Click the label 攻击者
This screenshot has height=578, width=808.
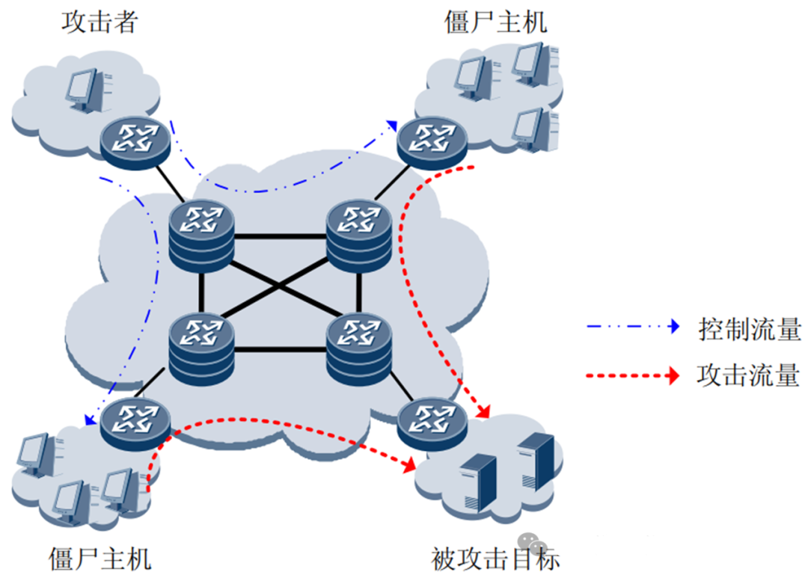(x=100, y=22)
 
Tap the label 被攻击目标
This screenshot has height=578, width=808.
(x=495, y=558)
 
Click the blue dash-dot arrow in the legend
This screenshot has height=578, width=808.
(x=633, y=327)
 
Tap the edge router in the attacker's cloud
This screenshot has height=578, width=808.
(x=135, y=139)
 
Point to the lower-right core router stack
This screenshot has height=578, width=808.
(x=359, y=345)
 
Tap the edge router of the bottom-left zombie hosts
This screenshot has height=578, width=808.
(x=135, y=422)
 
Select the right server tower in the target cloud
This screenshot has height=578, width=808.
(x=536, y=460)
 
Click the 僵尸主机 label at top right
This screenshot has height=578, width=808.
(x=495, y=22)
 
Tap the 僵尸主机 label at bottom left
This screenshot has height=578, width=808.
(x=100, y=558)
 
